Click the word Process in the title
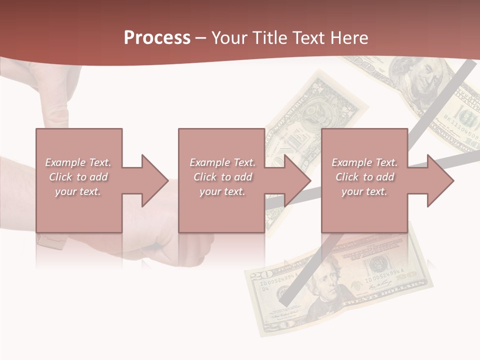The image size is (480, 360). click(x=157, y=38)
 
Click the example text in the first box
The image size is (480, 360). click(x=78, y=177)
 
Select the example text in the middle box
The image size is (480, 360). click(x=222, y=177)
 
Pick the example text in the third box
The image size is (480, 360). click(x=364, y=177)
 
